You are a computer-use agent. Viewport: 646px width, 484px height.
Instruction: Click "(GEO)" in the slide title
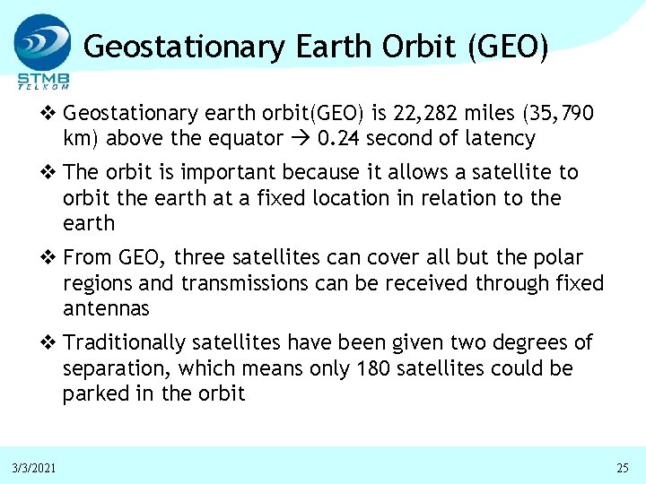(x=508, y=46)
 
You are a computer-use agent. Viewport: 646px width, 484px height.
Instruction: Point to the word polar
(x=557, y=258)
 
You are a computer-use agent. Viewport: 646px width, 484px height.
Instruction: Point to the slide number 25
(x=623, y=469)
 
